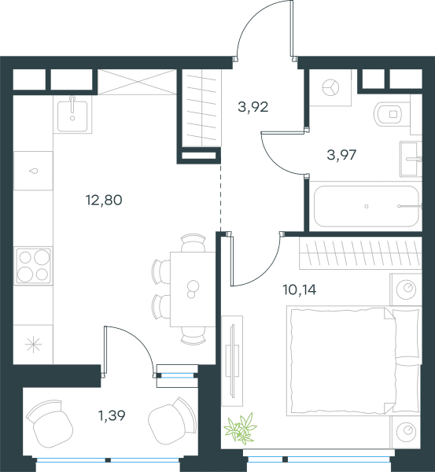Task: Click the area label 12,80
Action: pos(104,200)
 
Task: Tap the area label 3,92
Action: pos(253,107)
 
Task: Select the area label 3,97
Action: pos(341,155)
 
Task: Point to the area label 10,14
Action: pos(299,289)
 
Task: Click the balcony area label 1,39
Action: pos(112,415)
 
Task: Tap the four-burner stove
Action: pos(33,266)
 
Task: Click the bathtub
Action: pos(366,206)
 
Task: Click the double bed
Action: pos(354,361)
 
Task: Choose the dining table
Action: pos(193,289)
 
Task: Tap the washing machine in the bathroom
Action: pos(330,87)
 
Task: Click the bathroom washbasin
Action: pos(411,159)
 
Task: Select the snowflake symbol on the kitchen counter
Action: pos(33,345)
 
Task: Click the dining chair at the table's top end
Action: pos(194,242)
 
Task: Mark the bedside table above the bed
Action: pos(406,289)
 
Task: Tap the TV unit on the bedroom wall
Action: pos(232,361)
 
